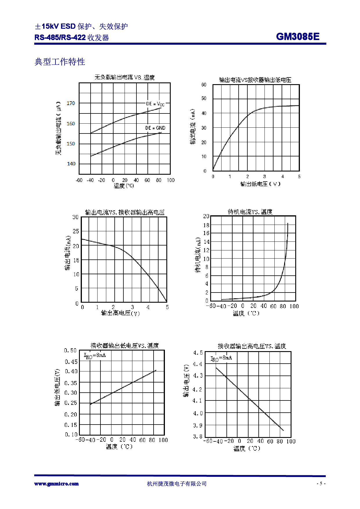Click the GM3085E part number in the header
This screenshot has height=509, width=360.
coord(298,37)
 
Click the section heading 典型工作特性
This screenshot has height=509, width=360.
coord(60,62)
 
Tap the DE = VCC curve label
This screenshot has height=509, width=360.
coord(155,104)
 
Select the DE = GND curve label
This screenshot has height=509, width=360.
coord(155,128)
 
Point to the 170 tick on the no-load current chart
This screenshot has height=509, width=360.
coord(71,103)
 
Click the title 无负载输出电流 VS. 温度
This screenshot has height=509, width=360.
coord(125,77)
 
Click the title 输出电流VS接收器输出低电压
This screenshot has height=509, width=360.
coord(255,80)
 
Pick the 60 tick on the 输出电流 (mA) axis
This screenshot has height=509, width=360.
coord(204,85)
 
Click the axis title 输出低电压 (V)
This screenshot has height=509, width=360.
coord(260,184)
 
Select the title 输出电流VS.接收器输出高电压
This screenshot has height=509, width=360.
coord(125,212)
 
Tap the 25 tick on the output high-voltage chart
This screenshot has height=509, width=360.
coord(76,231)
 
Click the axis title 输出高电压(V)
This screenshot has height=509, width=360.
coord(120,313)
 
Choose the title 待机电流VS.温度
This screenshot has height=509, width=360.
coord(250,212)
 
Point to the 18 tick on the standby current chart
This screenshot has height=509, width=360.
coord(206,225)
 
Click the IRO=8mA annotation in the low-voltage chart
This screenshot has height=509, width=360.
coord(95,355)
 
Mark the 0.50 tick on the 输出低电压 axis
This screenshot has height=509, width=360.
coord(71,351)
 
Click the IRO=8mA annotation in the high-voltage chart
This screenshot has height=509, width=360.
coord(221,358)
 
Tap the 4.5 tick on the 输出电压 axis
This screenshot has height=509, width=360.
coord(198,353)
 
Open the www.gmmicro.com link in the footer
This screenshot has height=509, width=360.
coord(57,484)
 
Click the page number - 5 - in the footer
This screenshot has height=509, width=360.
coord(321,483)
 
